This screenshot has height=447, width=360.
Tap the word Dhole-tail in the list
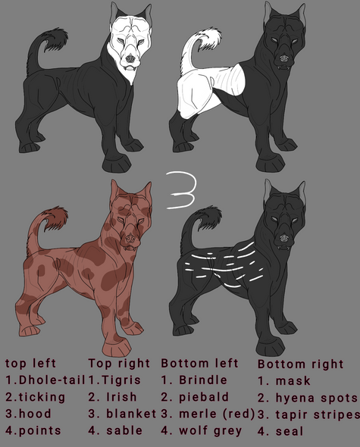pos(52,380)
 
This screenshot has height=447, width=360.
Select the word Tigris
pos(121,380)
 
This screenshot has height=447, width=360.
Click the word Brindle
pos(203,380)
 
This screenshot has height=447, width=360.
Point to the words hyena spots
pos(316,399)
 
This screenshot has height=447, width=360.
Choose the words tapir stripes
pos(318,415)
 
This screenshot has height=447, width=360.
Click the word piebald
pos(204,397)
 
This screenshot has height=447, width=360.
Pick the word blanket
pos(131,414)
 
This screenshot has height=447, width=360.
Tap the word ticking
pos(42,397)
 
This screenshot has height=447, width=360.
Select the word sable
pos(124,430)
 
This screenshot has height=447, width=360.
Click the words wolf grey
pos(210,431)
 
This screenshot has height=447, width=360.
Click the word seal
pos(290,431)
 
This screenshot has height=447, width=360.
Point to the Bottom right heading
pos(300,364)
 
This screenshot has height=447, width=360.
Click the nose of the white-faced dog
pos(130,59)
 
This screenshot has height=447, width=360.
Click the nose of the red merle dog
pos(130,239)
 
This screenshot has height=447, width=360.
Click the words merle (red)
pos(217,414)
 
